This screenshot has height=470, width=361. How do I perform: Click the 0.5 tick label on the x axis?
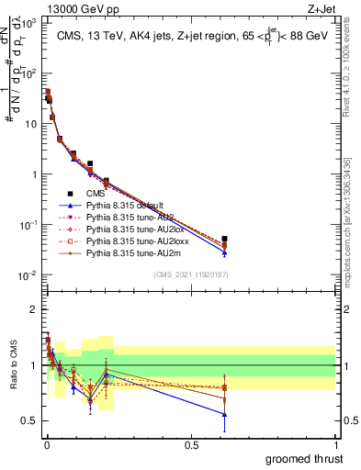click(x=191, y=444)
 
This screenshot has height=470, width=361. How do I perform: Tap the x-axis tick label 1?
click(x=335, y=444)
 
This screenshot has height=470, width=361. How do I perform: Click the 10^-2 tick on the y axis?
click(x=27, y=275)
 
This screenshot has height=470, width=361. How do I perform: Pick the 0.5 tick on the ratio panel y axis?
click(x=30, y=420)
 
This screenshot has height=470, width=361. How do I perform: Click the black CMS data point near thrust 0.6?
click(x=225, y=239)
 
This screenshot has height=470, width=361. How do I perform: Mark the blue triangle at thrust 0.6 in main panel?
click(x=225, y=252)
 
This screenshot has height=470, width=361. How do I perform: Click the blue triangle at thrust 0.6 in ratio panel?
click(x=225, y=414)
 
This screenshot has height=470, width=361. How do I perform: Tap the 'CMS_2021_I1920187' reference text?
click(x=189, y=274)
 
